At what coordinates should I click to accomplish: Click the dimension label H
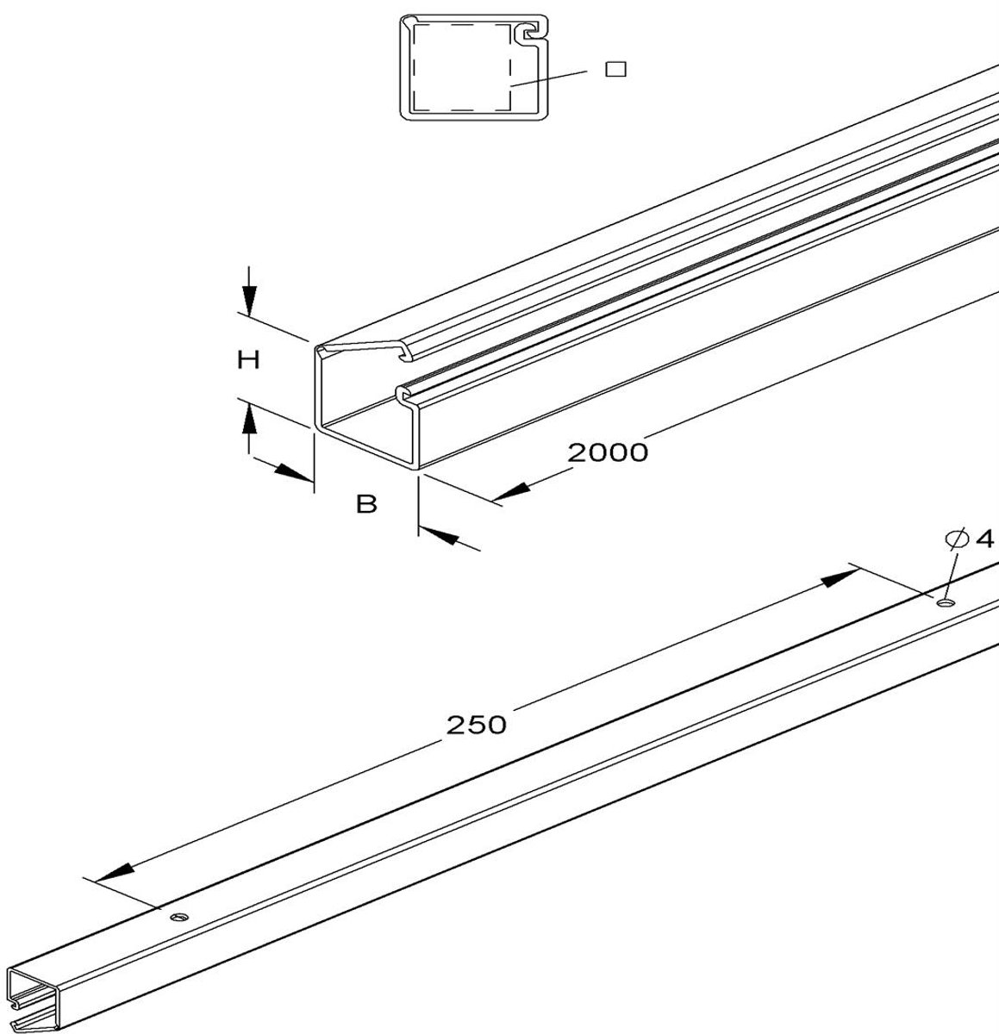[x=248, y=360]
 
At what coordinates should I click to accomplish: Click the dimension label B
[x=366, y=503]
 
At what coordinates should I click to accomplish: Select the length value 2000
[x=608, y=452]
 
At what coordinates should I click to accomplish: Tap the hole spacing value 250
[x=476, y=726]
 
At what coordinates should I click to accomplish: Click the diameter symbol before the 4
[x=957, y=539]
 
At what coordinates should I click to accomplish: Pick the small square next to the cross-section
[x=616, y=69]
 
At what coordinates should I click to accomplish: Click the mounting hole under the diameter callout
[x=946, y=602]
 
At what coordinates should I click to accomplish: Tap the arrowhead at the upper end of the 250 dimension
[x=840, y=578]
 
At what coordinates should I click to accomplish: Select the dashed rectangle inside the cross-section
[x=462, y=67]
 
